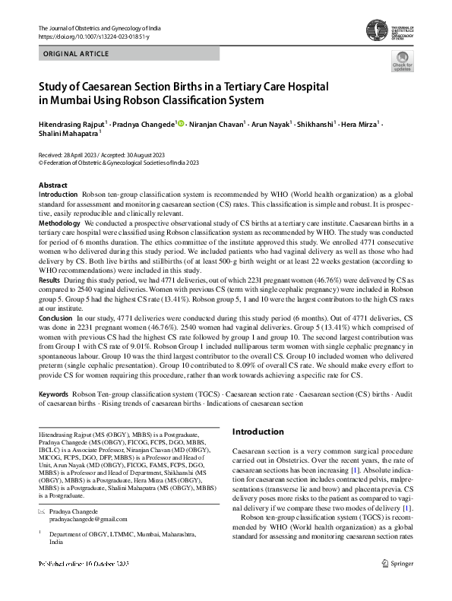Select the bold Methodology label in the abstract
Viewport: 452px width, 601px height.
pos(59,223)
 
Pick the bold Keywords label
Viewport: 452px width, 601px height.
pos(54,395)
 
